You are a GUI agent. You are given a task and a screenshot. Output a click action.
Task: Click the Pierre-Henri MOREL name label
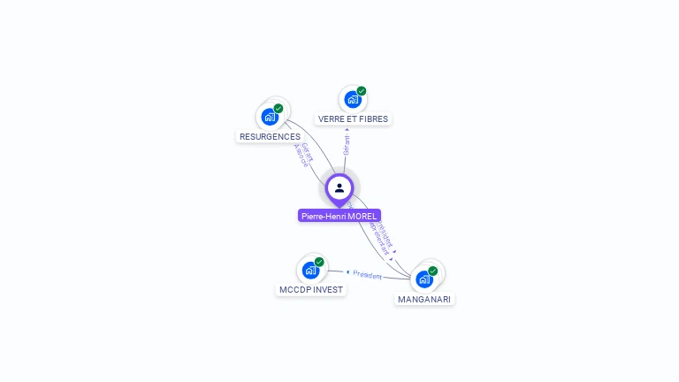tap(339, 216)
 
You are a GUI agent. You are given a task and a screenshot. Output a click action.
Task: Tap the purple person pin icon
tap(339, 188)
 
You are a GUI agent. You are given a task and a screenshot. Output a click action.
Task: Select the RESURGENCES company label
tap(270, 137)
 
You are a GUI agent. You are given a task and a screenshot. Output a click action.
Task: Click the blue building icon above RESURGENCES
tap(270, 117)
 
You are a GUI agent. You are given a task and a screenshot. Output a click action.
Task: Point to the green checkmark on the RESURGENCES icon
tap(278, 109)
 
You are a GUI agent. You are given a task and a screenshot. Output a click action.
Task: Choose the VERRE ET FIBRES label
tap(353, 118)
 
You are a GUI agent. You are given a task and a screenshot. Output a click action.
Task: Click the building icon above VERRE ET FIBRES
tap(353, 99)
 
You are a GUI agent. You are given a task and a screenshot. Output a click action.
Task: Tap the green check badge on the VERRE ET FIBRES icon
tap(362, 91)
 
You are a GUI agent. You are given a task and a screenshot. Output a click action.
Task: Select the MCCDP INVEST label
tap(311, 289)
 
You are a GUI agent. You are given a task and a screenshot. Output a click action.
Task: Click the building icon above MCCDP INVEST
tap(310, 270)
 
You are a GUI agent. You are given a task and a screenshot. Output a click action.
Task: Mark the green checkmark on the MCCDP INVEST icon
tap(319, 262)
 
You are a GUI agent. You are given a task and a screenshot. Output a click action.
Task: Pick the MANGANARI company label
tap(424, 299)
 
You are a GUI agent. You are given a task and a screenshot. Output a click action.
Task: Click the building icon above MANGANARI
tap(424, 279)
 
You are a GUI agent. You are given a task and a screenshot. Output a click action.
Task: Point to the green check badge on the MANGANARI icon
tap(433, 271)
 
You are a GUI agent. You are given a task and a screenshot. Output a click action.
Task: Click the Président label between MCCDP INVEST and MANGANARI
tap(367, 275)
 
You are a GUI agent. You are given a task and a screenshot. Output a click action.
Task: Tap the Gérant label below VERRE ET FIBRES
tap(347, 144)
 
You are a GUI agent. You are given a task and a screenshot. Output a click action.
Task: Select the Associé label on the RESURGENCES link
tap(300, 157)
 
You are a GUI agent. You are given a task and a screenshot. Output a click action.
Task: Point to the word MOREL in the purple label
tap(362, 216)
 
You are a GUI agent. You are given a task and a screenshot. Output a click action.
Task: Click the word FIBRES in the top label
tap(373, 118)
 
